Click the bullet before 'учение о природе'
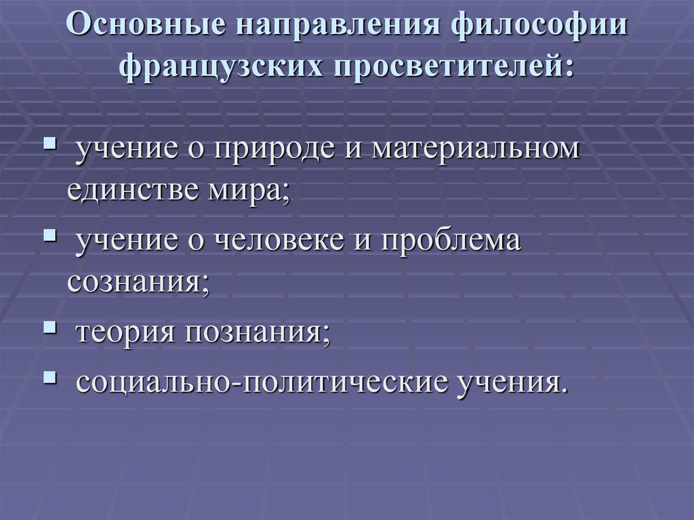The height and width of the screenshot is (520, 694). [50, 146]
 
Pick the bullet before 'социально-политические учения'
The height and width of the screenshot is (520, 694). [50, 375]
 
